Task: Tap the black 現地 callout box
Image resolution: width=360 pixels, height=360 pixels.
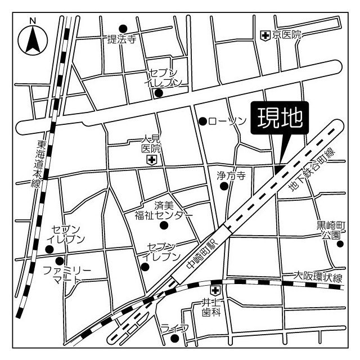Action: [280, 119]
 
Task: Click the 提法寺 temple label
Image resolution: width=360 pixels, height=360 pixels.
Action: [122, 39]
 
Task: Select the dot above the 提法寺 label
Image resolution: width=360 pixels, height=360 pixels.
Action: [123, 28]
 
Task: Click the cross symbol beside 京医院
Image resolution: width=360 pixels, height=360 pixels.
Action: [265, 35]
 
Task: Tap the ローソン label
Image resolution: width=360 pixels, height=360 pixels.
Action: [227, 121]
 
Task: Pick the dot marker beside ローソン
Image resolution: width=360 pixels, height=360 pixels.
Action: [203, 121]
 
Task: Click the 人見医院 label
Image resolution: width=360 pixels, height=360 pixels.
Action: [151, 144]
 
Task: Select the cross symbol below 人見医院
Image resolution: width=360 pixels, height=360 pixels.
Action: [151, 161]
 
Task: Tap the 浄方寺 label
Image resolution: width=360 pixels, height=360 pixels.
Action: [231, 175]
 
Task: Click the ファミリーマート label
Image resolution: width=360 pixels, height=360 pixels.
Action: [66, 276]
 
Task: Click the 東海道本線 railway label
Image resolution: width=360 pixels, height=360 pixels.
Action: [38, 158]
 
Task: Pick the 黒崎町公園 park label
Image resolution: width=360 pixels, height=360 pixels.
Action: [328, 231]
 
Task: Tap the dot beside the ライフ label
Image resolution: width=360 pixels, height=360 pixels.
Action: [175, 339]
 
